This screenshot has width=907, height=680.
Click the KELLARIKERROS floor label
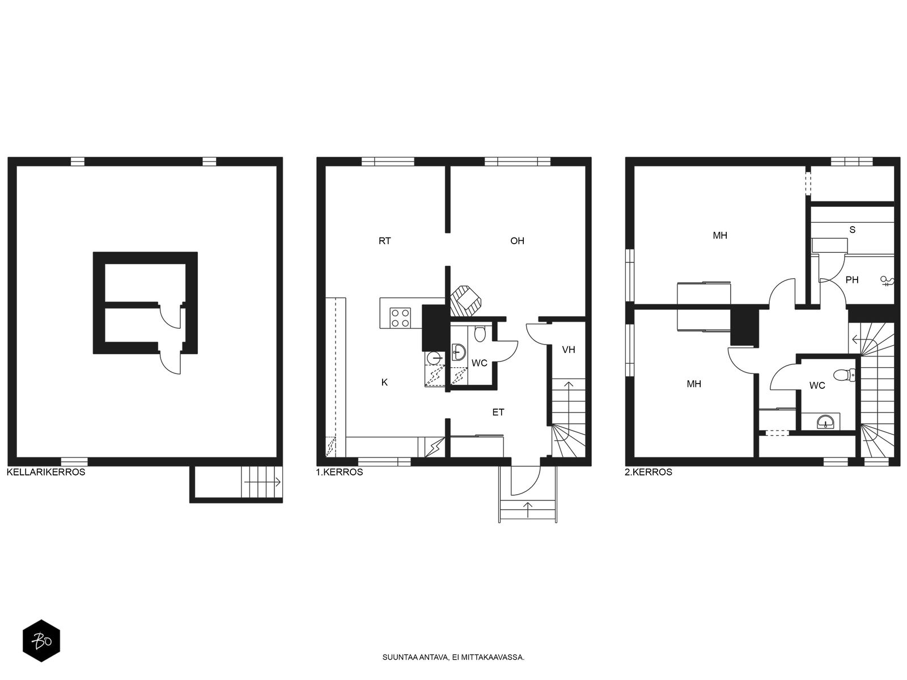coord(46,472)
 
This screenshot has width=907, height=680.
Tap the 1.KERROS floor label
coord(339,472)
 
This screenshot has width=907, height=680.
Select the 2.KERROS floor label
coord(649,472)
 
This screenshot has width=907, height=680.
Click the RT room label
coord(385,241)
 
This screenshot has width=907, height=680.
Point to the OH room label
coord(517,241)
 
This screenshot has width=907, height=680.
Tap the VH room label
coord(569,350)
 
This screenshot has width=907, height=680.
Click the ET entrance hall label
coord(498,412)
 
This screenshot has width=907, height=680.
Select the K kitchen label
coord(384,382)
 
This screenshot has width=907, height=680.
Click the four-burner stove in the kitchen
coord(400,318)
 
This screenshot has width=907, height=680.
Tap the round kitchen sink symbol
coord(433,358)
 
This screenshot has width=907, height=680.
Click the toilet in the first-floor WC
coord(480,334)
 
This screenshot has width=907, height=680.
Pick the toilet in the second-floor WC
coord(844,375)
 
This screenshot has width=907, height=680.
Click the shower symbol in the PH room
coord(887,282)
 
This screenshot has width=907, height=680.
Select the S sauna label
coord(852,230)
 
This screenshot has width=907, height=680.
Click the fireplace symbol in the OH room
coord(466,300)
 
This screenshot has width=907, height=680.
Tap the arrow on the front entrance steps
coord(528,509)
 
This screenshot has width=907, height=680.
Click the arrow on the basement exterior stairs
coord(263,482)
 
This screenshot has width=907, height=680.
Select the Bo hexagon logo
coord(41,640)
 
